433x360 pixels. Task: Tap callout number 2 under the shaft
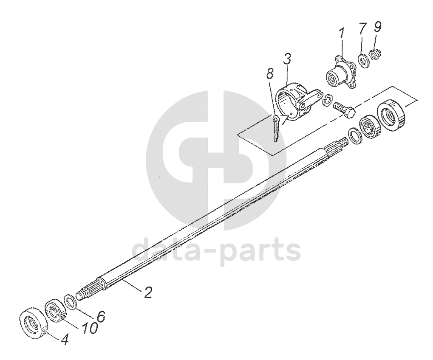click(x=147, y=293)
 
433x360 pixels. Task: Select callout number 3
click(x=287, y=59)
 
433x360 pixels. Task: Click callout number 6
click(x=100, y=316)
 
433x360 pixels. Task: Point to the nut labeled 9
click(x=375, y=54)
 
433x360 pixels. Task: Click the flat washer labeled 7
click(x=363, y=61)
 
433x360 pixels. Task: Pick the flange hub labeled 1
click(x=341, y=75)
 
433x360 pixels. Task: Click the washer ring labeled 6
click(x=70, y=302)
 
